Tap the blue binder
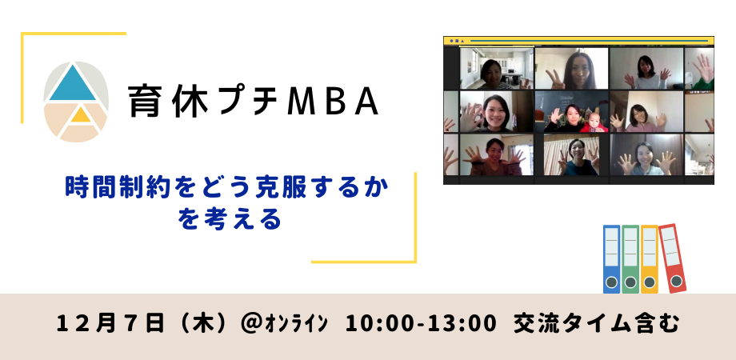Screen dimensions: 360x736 [611, 258]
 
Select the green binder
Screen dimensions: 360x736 [630, 258]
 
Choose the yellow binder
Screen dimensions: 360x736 [649, 258]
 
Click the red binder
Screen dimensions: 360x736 [672, 258]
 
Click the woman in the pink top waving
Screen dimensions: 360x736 [642, 114]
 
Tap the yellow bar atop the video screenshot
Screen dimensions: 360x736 [578, 40]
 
